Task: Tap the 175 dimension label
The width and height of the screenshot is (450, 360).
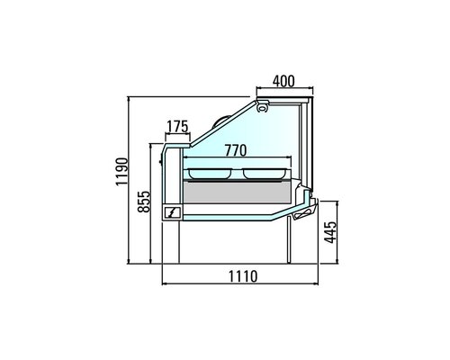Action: point(178,126)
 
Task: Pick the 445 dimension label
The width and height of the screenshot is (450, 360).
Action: point(331,236)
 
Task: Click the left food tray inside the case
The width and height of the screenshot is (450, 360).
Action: point(211,170)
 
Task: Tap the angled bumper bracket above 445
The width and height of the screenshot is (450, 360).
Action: point(301,210)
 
